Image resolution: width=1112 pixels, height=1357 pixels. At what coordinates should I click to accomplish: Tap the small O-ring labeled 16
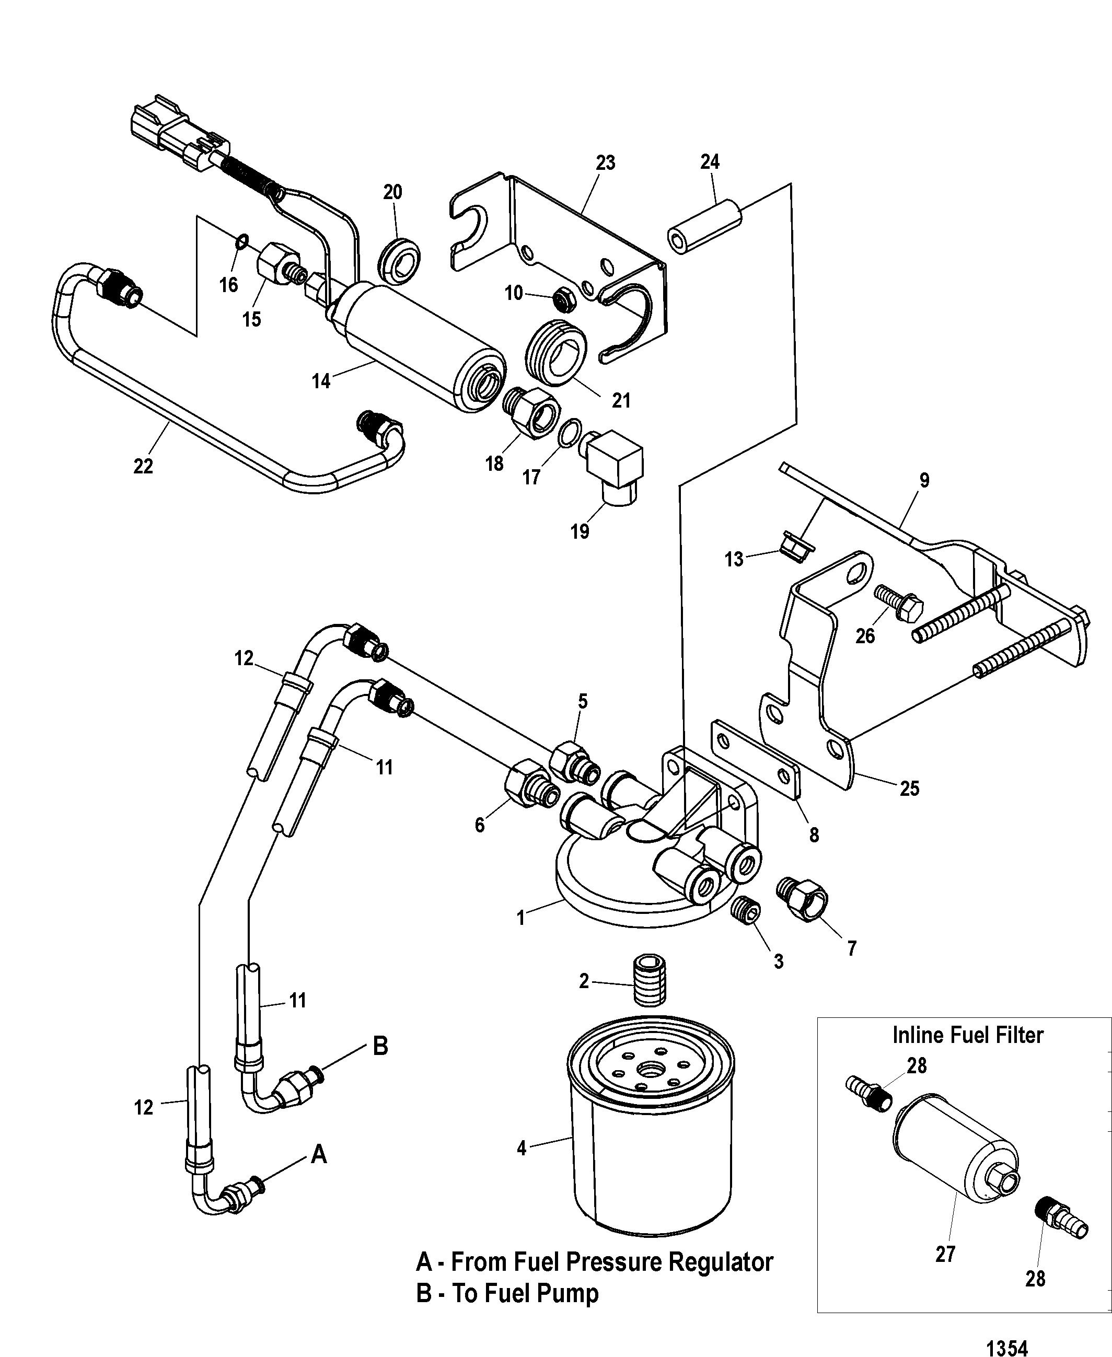tap(241, 242)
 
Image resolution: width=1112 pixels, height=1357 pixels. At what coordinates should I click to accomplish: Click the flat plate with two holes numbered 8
tap(755, 760)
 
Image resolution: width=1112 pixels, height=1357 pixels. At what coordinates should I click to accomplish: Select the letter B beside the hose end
tap(380, 1047)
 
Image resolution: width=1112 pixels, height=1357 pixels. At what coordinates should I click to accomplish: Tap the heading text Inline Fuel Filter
tap(968, 1035)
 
